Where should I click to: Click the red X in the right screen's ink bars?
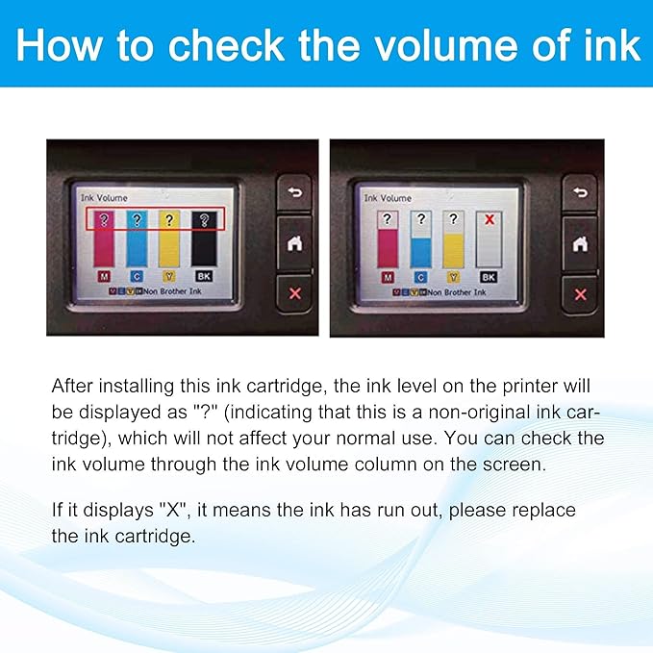point(489,220)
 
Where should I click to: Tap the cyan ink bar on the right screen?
point(420,245)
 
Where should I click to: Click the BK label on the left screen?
point(202,277)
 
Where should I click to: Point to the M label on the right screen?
point(388,277)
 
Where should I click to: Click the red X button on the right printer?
point(579,293)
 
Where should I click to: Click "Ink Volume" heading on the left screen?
point(100,198)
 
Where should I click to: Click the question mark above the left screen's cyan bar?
point(137,220)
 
